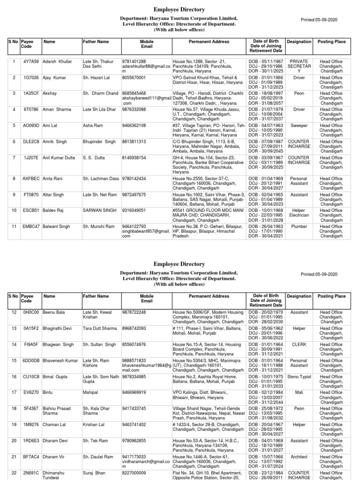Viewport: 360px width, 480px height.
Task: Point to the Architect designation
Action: tap(299, 457)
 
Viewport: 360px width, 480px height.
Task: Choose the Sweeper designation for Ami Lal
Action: tap(299, 126)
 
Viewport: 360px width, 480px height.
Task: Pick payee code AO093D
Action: tap(31, 126)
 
